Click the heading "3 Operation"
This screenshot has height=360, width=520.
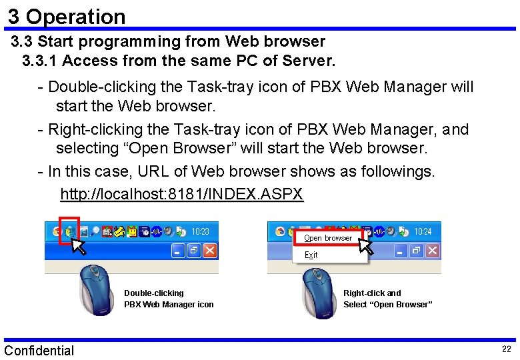[67, 16]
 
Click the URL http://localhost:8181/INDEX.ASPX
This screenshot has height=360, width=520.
[181, 195]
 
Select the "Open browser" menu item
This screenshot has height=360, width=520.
[328, 238]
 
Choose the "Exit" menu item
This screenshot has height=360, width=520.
[311, 255]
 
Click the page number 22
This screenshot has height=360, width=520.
[506, 350]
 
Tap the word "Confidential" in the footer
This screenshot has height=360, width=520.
[39, 351]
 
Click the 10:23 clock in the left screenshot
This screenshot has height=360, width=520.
[200, 231]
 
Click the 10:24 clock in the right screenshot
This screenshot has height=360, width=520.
[423, 231]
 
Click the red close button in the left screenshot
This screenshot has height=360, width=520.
[209, 251]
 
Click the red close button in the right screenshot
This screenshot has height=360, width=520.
[432, 251]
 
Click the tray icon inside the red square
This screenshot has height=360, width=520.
[69, 231]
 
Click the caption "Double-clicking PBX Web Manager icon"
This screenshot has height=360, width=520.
[169, 299]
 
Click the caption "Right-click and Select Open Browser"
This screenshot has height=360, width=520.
[387, 299]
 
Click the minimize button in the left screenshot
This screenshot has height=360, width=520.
[177, 251]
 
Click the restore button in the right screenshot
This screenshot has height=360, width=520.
[416, 251]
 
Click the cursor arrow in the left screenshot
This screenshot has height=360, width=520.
[79, 245]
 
